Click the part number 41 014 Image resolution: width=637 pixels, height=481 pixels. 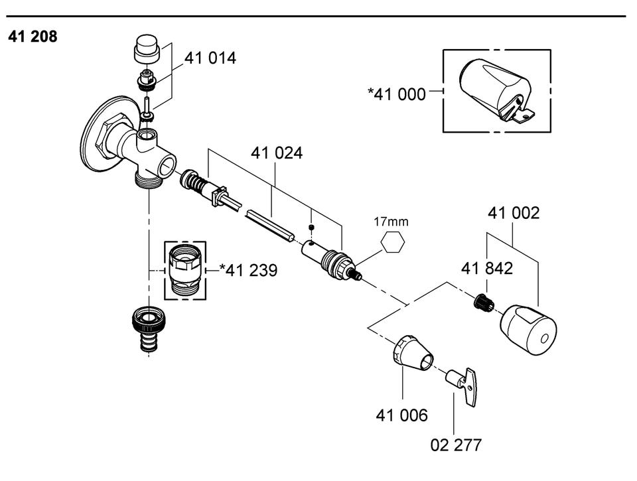(x=210, y=58)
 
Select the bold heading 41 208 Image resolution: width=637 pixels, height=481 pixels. (x=33, y=36)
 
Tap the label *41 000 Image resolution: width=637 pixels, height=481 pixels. (x=397, y=94)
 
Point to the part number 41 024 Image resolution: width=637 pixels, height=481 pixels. (x=277, y=153)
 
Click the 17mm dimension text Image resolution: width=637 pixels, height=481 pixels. (x=391, y=222)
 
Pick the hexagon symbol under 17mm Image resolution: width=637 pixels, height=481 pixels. (x=393, y=243)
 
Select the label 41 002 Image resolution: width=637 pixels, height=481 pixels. (x=514, y=213)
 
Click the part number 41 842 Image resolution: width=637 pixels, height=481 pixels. (x=486, y=269)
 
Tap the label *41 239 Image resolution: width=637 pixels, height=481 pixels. (x=248, y=270)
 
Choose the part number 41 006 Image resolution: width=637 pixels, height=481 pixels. (x=402, y=415)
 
